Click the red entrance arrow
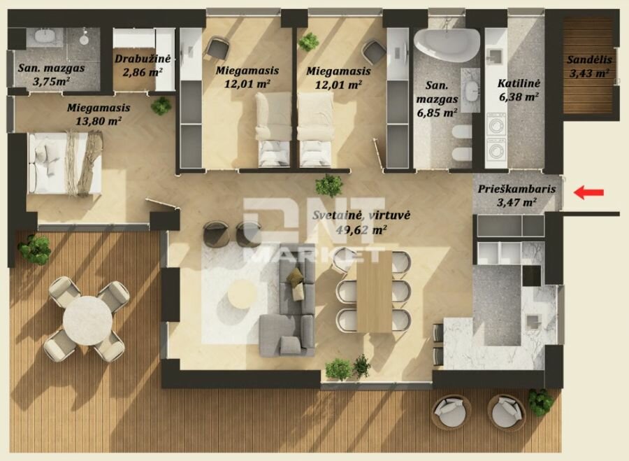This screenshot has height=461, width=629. pos(588,192)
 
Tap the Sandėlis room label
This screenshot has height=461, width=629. pos(589,60)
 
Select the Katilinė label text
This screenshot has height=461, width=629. pos(519,83)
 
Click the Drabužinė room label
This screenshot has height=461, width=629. pos(143,59)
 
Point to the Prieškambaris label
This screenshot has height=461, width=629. pos(516,189)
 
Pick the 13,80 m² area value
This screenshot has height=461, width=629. pos(99,120)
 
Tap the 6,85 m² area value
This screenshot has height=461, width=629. pos(437,113)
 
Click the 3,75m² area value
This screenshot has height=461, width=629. pos(51,82)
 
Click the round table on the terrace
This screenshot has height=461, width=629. pos(87,320)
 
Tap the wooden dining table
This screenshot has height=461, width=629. pos(374,292)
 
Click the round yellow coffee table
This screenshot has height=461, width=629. pos(242,294)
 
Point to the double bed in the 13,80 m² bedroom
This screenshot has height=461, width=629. pos(64,164)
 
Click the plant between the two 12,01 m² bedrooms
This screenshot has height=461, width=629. pos(308,42)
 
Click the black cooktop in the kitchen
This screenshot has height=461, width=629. pos(532,275)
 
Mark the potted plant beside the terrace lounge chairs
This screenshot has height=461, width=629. pos(541,402)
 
